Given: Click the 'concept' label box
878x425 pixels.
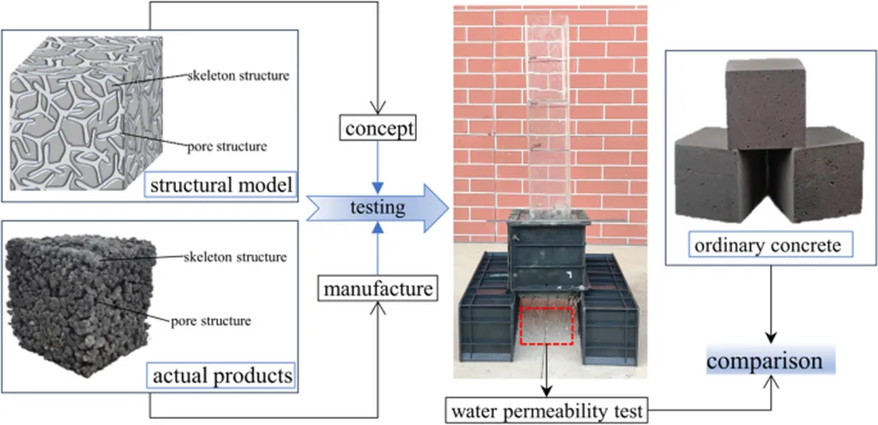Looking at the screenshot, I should point(379,129).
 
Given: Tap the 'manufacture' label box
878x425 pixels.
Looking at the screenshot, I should point(378,290).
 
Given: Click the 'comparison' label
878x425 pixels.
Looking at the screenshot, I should point(771,361).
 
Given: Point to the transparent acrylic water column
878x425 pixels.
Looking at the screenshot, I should point(546,111).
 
